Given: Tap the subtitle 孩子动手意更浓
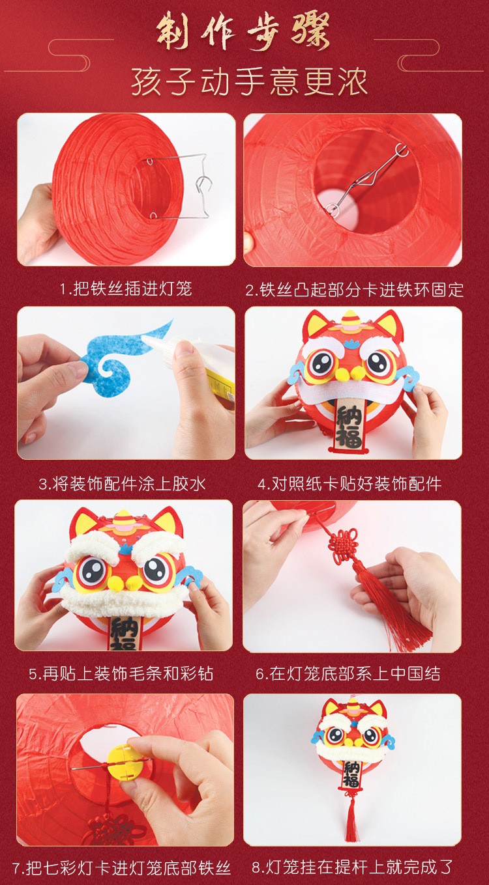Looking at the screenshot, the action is pyautogui.click(x=250, y=83).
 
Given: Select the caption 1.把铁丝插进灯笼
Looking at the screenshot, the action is pyautogui.click(x=126, y=288).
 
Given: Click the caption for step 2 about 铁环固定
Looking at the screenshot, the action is pyautogui.click(x=355, y=290).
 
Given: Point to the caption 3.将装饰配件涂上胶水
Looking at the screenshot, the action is pyautogui.click(x=123, y=484).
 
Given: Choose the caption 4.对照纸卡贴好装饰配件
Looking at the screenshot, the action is pyautogui.click(x=350, y=484).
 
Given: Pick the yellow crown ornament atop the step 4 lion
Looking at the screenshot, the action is pyautogui.click(x=350, y=324).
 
